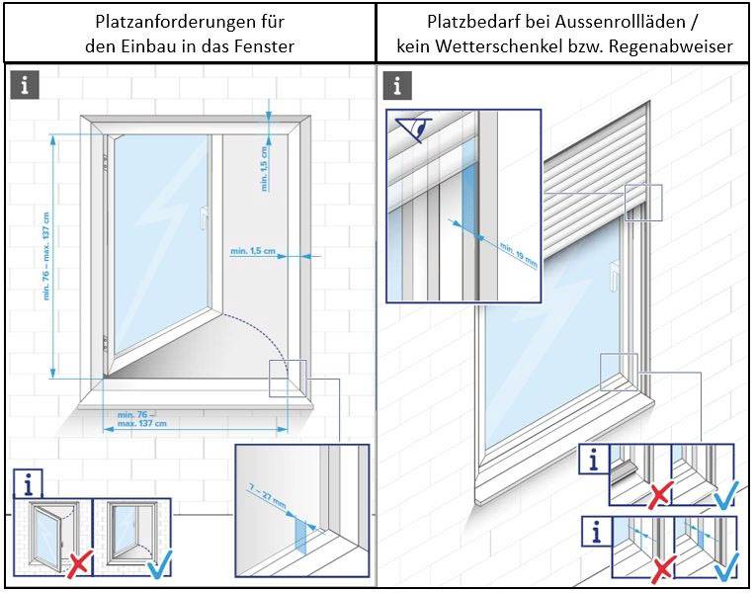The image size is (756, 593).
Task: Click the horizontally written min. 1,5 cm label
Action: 252,251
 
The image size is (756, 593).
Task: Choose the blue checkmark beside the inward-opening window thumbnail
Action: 156,567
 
